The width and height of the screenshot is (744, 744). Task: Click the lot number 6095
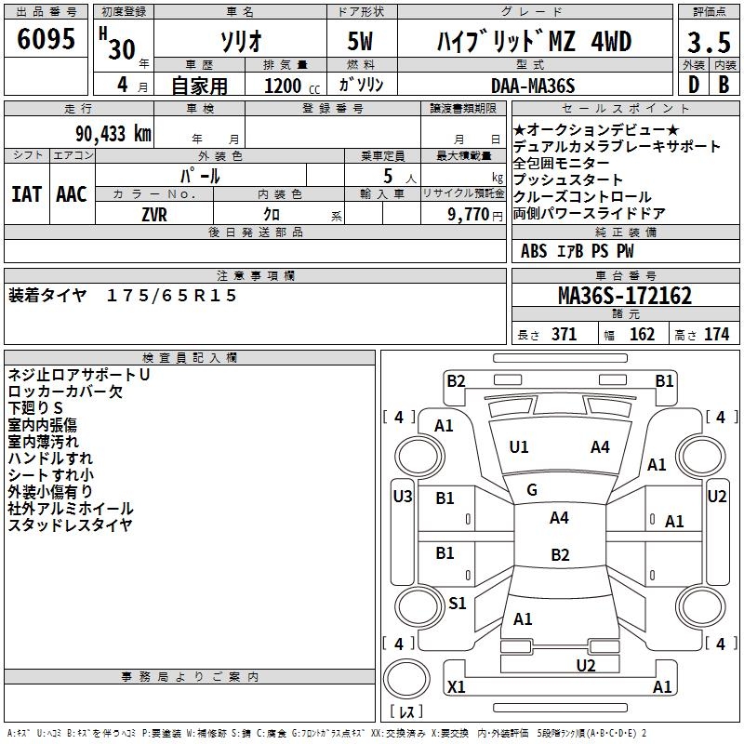click(x=46, y=39)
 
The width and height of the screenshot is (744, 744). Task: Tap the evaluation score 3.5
click(x=709, y=42)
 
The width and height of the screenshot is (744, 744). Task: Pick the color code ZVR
click(x=153, y=214)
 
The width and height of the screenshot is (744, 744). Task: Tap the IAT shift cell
click(x=26, y=193)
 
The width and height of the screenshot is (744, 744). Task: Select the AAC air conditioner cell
click(x=71, y=193)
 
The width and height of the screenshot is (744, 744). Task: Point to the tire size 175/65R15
click(x=172, y=296)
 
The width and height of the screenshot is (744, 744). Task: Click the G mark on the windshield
click(x=532, y=490)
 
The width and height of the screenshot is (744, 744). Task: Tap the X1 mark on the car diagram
click(x=457, y=687)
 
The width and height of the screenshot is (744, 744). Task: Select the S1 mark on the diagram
click(x=457, y=604)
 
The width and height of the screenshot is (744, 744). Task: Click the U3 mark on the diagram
click(x=402, y=497)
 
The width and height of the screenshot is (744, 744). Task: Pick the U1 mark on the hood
click(x=519, y=447)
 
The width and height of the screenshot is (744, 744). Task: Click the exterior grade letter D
click(x=693, y=85)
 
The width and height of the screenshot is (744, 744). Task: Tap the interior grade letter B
click(x=724, y=85)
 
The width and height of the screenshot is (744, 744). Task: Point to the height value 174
click(x=717, y=335)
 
